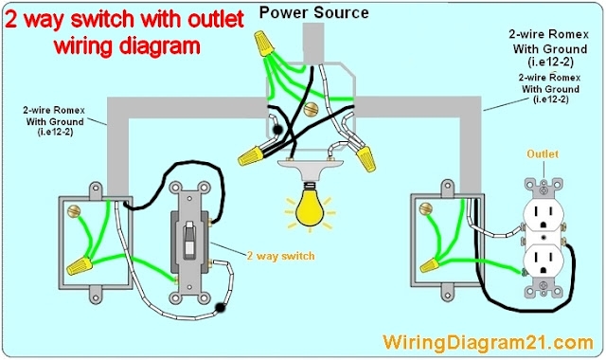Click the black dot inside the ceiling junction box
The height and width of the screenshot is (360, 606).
click(277, 132)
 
